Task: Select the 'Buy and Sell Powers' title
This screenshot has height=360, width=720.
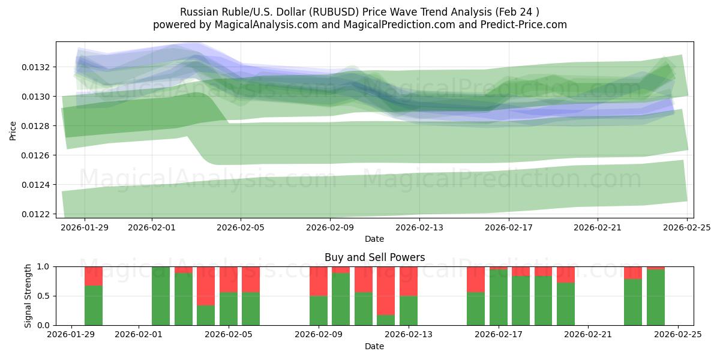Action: point(374,257)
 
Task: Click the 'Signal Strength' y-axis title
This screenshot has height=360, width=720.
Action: point(28,296)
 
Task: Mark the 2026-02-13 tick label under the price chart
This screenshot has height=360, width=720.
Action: point(419,227)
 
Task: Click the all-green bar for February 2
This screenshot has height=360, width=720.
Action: point(161,296)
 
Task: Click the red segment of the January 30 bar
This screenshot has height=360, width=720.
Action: point(94,276)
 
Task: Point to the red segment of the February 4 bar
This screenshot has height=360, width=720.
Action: point(206,286)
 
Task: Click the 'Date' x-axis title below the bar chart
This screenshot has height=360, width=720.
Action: point(374,346)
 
